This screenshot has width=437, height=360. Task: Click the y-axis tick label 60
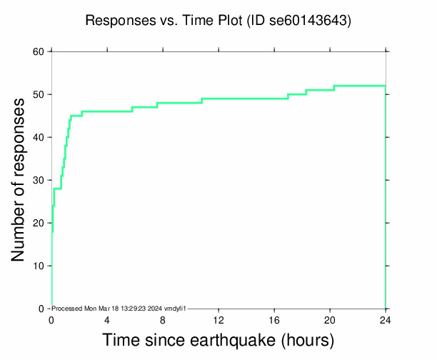[39, 51]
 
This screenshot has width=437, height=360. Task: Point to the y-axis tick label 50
[39, 94]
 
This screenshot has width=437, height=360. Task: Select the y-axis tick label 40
[39, 137]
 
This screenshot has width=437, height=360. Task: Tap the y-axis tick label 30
[39, 180]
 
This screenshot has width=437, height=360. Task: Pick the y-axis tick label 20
[39, 223]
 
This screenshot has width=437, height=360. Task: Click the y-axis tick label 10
[39, 266]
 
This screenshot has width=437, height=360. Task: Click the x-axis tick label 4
[107, 319]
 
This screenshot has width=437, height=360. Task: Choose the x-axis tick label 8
[163, 319]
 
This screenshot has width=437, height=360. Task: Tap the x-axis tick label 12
[218, 319]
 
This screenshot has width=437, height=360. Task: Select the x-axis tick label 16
[274, 319]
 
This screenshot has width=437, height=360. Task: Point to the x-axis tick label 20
[330, 319]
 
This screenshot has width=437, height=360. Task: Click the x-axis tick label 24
[386, 319]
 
